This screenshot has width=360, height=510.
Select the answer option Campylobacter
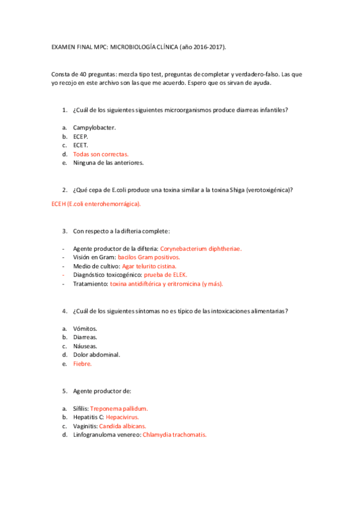pyautogui.click(x=94, y=127)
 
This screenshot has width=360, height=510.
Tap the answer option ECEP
pyautogui.click(x=81, y=137)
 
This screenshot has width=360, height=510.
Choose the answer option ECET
pyautogui.click(x=81, y=145)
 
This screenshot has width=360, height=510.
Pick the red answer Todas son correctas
pyautogui.click(x=100, y=154)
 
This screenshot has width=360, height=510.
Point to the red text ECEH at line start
pyautogui.click(x=59, y=204)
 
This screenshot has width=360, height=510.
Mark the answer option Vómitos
pyautogui.click(x=85, y=328)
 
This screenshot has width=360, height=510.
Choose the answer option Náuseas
pyautogui.click(x=85, y=346)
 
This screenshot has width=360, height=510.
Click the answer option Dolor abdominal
pyautogui.click(x=96, y=355)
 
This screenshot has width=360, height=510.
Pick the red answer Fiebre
pyautogui.click(x=82, y=364)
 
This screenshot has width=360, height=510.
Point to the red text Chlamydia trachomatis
pyautogui.click(x=174, y=434)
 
